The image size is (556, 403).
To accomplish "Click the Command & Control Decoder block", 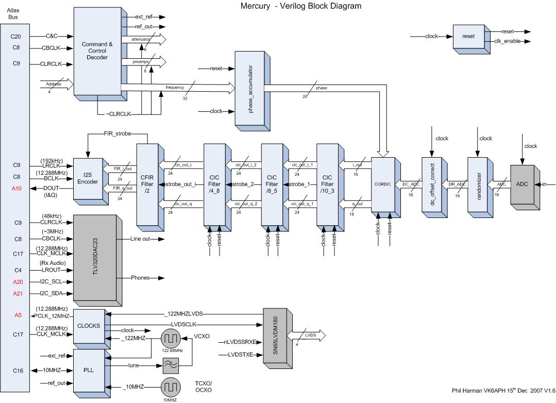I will point(97,51).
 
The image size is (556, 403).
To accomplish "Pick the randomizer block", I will point(478,184).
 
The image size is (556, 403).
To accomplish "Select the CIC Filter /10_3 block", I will point(327,184).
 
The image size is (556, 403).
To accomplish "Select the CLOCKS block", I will point(88,326).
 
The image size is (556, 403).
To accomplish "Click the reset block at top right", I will point(468,37).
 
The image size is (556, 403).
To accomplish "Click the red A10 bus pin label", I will point(15,189).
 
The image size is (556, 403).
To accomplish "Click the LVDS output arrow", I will point(309,335).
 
